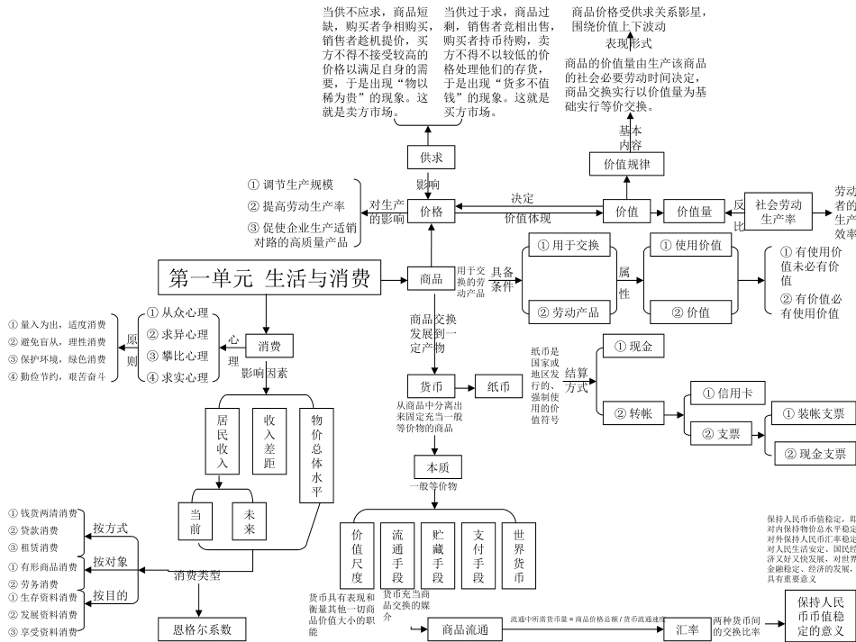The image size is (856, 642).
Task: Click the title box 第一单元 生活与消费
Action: click(269, 279)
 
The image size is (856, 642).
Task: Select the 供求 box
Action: click(431, 158)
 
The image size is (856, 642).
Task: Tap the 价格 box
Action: click(431, 212)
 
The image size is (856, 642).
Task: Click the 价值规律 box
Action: click(633, 164)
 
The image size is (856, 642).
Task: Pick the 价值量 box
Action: click(694, 212)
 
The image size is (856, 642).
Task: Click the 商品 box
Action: click(432, 279)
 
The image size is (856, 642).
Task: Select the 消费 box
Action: click(269, 346)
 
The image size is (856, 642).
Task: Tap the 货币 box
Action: click(431, 385)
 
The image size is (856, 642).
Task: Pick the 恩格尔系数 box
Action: click(203, 628)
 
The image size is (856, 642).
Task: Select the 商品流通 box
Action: click(459, 629)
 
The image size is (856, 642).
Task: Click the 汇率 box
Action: click(688, 629)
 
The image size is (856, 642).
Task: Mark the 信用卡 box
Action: click(727, 393)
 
